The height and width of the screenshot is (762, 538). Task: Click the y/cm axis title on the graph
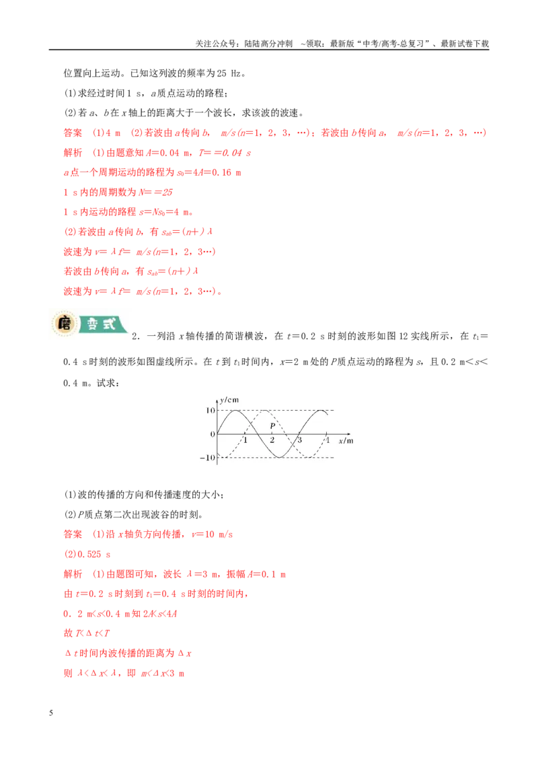229,400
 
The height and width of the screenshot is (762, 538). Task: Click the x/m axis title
346,441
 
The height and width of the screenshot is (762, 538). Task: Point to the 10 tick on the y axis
210,410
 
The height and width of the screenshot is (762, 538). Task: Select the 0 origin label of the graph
213,434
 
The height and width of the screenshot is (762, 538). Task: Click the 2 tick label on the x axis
272,440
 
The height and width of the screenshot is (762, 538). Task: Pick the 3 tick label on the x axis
299,440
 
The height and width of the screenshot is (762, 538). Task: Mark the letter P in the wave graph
272,425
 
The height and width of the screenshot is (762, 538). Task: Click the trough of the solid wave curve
280,457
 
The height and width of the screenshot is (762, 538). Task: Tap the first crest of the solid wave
235,411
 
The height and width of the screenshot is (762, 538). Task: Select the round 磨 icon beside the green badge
64,324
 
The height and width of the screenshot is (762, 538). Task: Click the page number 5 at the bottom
51,713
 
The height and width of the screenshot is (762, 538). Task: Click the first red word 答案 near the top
73,133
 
